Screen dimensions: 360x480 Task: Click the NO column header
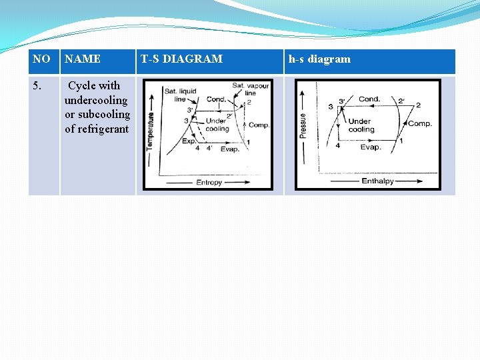click(x=41, y=59)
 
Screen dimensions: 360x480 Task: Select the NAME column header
click(x=83, y=59)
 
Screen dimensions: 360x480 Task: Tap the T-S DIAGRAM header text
click(x=181, y=59)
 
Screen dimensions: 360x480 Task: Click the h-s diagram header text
click(x=319, y=59)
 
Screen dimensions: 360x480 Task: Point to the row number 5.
click(x=38, y=86)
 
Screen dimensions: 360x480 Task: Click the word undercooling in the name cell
click(x=96, y=100)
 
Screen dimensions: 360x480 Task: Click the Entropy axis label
click(x=209, y=182)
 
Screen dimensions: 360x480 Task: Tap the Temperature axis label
click(x=150, y=130)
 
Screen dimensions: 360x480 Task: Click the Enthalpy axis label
click(x=377, y=181)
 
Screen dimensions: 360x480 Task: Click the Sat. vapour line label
click(x=251, y=89)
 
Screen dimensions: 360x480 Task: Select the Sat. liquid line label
click(x=180, y=95)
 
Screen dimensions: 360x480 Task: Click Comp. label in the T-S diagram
click(x=258, y=125)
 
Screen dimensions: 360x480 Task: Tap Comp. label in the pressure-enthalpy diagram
click(x=420, y=123)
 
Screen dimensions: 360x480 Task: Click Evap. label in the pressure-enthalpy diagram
click(x=370, y=147)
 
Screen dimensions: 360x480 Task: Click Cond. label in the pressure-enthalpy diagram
click(x=369, y=99)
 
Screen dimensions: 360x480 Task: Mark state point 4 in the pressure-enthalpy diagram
click(x=337, y=146)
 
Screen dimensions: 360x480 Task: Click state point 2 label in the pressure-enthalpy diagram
click(x=418, y=105)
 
